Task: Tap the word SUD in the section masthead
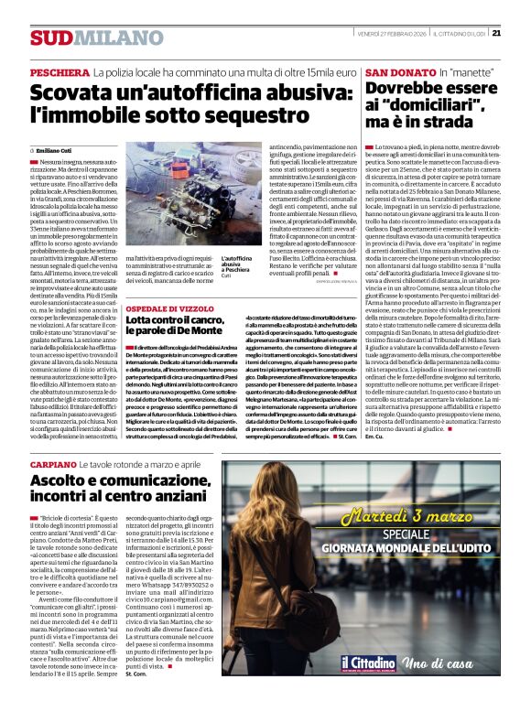coord(47,38)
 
